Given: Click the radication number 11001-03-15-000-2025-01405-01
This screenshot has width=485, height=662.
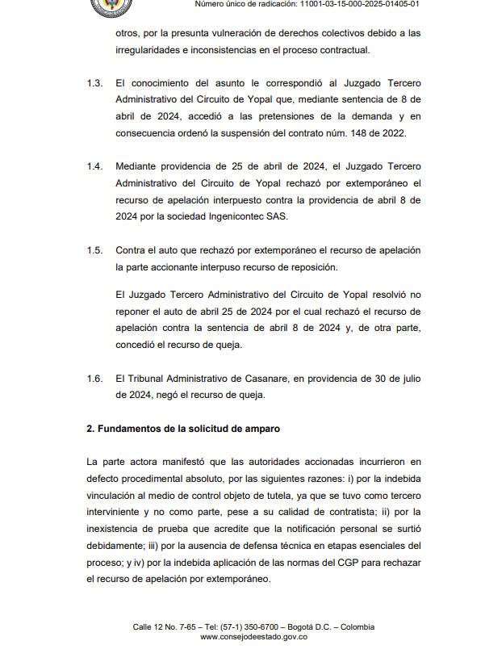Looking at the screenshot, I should [x=361, y=5].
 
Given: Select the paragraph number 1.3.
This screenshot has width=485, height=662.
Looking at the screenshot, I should [x=94, y=82].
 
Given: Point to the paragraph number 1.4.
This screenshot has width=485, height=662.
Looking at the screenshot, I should [x=94, y=166].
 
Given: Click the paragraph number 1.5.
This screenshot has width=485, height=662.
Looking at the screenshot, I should [x=94, y=250].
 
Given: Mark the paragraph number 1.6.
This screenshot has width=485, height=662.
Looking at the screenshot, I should [x=94, y=378].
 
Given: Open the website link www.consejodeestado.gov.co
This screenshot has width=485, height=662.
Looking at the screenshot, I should [x=253, y=637].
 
